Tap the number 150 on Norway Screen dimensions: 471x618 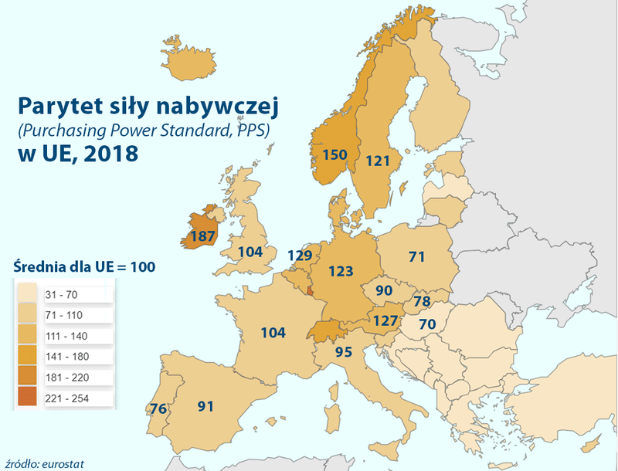(x=334, y=154)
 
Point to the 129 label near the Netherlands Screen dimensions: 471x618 (x=301, y=255)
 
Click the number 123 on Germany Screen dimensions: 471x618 (x=341, y=271)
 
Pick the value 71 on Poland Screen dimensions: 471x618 (x=417, y=256)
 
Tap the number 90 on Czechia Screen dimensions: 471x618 (x=384, y=291)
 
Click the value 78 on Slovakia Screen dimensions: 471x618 (x=422, y=300)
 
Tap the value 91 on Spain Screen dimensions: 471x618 (x=205, y=405)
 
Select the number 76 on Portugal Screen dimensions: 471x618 (x=158, y=408)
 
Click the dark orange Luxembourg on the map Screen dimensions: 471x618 (x=311, y=291)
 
